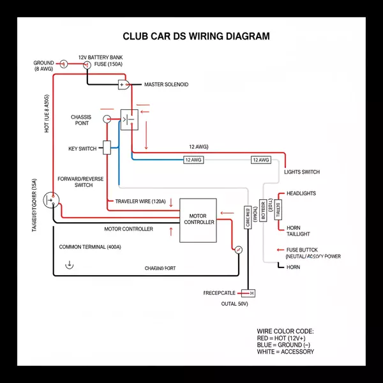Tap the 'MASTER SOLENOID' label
[x=166, y=84]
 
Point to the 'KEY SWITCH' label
[x=82, y=149]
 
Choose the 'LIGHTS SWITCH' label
[x=302, y=172]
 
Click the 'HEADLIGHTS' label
[x=301, y=193]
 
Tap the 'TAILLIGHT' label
[x=300, y=234]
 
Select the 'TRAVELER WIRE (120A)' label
[x=140, y=202]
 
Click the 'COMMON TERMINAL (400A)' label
[x=90, y=247]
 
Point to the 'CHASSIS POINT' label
[x=81, y=120]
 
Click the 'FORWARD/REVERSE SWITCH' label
[x=80, y=182]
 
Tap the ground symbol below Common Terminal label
[x=68, y=264]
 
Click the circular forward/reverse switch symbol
[x=50, y=201]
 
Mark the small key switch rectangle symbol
[x=107, y=146]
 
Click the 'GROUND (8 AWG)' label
[x=43, y=66]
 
